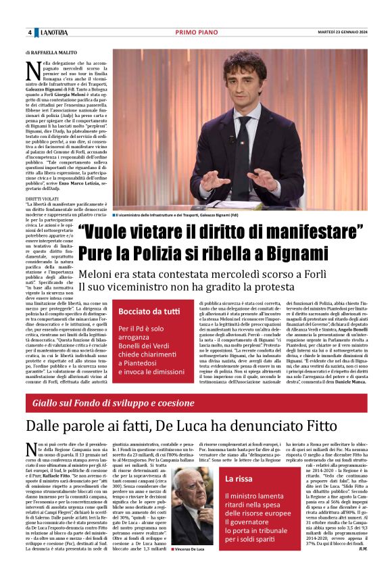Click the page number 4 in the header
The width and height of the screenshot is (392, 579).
click(30, 33)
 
